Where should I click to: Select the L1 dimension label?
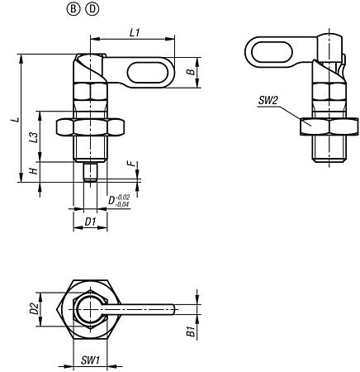[x=134, y=30]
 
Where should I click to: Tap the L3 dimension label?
[x=33, y=137]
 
